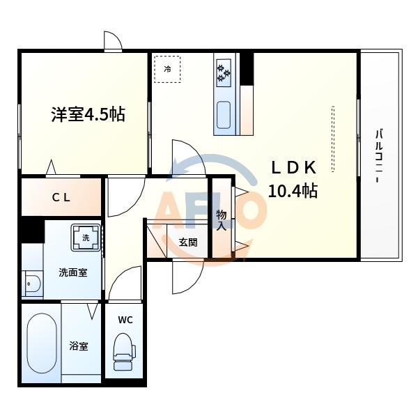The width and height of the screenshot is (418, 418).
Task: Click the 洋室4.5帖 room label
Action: click(x=87, y=114)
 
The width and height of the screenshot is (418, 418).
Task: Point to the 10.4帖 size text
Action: click(x=293, y=191)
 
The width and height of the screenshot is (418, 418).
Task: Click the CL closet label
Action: click(x=61, y=197)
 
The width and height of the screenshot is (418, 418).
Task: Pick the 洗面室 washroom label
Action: click(x=72, y=272)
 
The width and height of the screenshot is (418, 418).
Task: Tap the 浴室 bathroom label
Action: click(x=78, y=346)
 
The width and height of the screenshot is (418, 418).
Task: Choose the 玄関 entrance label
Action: click(x=187, y=242)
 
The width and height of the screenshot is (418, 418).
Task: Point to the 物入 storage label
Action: click(x=222, y=219)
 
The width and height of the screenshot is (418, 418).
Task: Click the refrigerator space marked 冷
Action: click(x=167, y=69)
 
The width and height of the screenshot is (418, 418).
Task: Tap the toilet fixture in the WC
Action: click(x=123, y=353)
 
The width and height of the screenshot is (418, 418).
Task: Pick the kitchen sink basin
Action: click(x=224, y=115)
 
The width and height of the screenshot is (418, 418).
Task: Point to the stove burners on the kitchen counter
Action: click(x=224, y=72)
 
